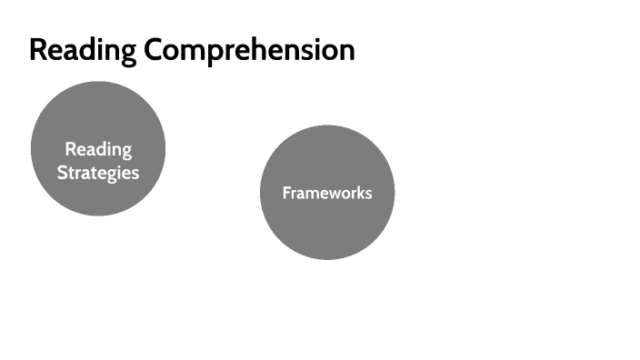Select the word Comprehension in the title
coord(248,50)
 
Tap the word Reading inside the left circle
coord(98,149)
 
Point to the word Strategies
coord(98,172)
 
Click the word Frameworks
coord(327,193)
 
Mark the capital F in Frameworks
coord(286,193)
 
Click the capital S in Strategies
coord(62,172)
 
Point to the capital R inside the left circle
coord(70,149)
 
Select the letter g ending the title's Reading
coord(128,53)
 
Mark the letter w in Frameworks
coord(332,194)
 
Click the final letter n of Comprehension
coord(346,52)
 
